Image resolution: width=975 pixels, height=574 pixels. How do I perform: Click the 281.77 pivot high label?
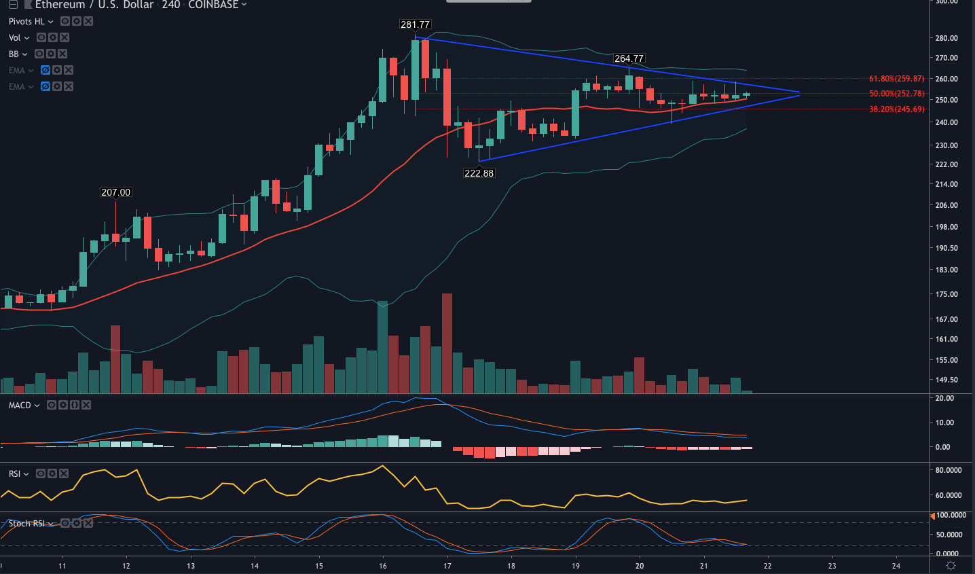tap(415, 24)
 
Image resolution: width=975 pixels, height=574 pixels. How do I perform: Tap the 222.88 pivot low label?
tap(479, 173)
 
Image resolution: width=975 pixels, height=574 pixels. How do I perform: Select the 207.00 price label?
tap(115, 192)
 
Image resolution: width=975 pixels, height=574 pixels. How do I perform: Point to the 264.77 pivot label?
tap(629, 58)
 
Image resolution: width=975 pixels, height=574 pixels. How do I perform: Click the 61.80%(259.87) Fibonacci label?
tap(896, 79)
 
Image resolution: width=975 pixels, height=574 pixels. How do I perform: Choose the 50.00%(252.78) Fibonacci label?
tap(896, 94)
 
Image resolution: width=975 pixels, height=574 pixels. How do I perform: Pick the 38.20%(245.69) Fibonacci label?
tap(896, 109)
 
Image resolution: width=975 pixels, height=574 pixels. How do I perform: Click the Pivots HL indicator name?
tap(26, 21)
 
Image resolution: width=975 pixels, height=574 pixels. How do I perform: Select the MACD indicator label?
tap(20, 405)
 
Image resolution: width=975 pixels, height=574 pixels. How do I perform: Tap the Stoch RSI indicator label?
tap(26, 523)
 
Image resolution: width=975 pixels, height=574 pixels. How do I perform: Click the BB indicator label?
tap(14, 54)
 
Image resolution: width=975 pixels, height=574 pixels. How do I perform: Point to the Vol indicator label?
tap(15, 37)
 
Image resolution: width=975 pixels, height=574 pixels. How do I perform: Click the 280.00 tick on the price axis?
tap(946, 38)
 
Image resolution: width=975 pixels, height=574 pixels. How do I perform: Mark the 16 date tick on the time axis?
tap(383, 566)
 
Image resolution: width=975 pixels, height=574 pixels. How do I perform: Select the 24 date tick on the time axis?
tap(896, 566)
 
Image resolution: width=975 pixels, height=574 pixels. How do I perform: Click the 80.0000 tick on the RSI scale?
tap(949, 470)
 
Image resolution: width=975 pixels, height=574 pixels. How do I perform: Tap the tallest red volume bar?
tap(447, 343)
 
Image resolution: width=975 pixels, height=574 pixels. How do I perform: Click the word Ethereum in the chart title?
tap(60, 5)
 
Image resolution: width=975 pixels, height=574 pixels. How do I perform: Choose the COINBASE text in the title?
tap(213, 5)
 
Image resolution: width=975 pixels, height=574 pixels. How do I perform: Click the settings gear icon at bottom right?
tap(951, 566)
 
